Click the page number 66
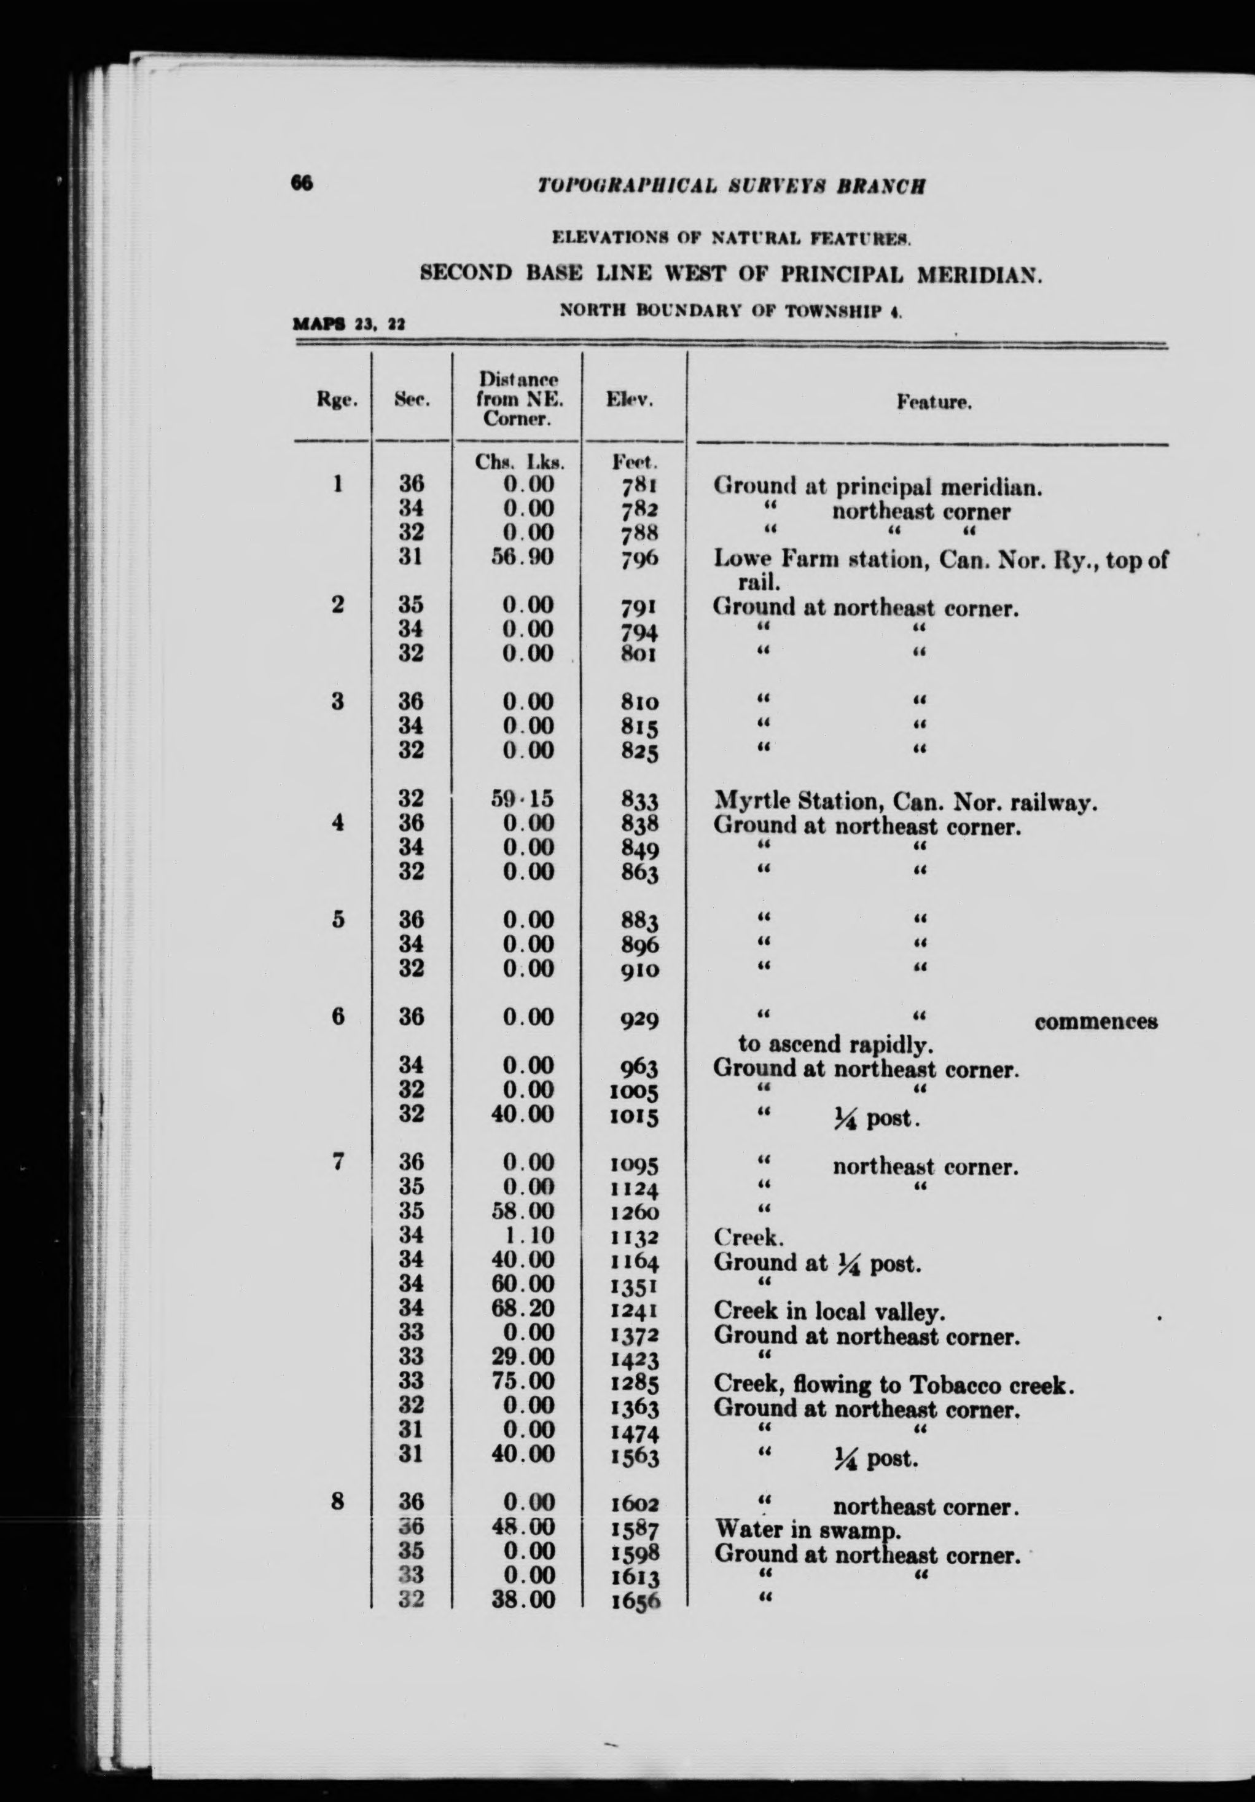point(302,183)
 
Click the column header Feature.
point(934,404)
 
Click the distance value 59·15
point(528,798)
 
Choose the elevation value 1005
point(633,1092)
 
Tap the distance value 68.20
point(528,1307)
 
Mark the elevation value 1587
point(633,1530)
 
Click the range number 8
point(337,1502)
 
